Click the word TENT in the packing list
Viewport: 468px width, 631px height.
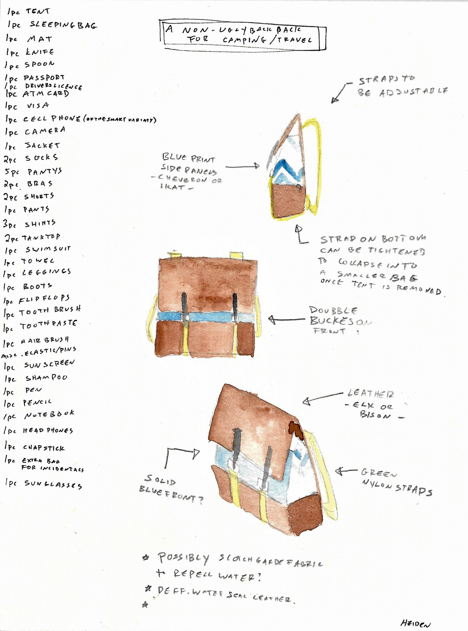[x=38, y=11]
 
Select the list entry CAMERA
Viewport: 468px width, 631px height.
[x=45, y=131]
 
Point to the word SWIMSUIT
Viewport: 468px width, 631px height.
[x=48, y=249]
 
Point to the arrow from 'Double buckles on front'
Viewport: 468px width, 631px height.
[x=286, y=320]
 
